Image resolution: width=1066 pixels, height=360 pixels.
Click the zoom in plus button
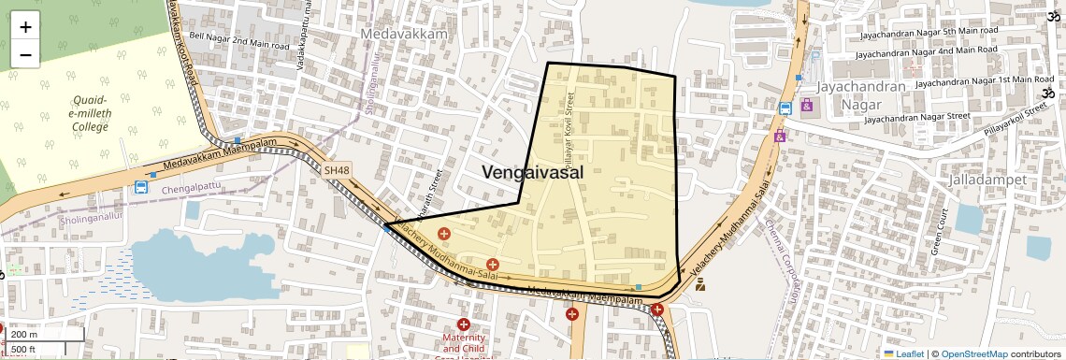[x=25, y=26]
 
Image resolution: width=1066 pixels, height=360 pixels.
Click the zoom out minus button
[x=25, y=54]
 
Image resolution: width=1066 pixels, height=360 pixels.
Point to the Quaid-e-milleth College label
[x=91, y=113]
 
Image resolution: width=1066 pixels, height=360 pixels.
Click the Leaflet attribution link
[x=903, y=353]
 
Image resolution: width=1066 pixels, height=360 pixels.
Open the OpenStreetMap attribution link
[x=973, y=353]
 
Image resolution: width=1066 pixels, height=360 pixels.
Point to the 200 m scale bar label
[x=26, y=335]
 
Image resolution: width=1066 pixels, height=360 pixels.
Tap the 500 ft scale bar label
[x=24, y=349]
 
